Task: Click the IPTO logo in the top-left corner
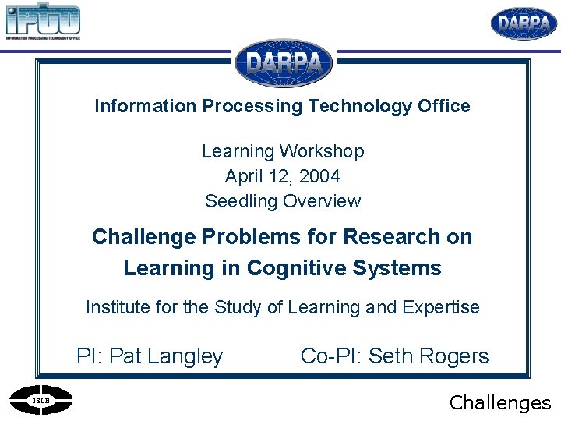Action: click(x=43, y=22)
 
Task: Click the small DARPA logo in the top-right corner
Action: click(x=524, y=23)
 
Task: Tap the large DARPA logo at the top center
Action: click(x=284, y=63)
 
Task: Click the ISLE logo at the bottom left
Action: click(x=41, y=401)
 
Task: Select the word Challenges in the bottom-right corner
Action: click(x=500, y=402)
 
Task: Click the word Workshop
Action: click(x=322, y=151)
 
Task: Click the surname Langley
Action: click(x=185, y=357)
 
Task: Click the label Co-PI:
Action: click(x=331, y=357)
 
